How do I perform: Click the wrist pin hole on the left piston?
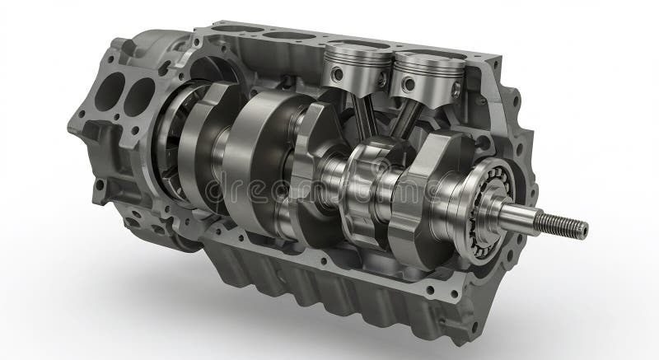(337, 75)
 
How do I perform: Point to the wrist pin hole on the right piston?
(409, 82)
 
